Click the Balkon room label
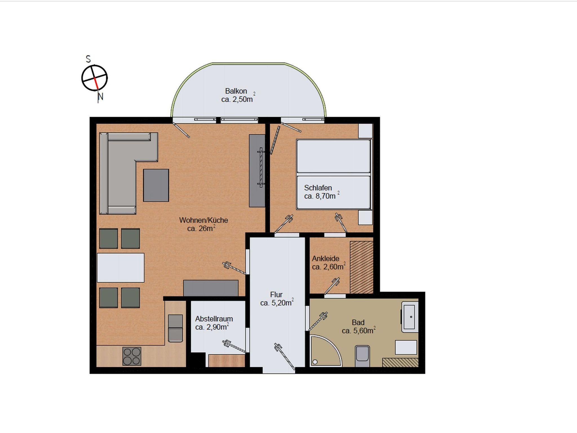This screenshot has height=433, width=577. [236, 91]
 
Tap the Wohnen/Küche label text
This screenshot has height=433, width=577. [203, 220]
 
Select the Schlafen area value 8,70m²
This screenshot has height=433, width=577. [322, 196]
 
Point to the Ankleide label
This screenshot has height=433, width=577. [325, 258]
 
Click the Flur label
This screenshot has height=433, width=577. [276, 294]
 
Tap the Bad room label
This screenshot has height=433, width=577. [358, 322]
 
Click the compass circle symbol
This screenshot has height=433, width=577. [94, 78]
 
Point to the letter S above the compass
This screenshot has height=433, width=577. [88, 59]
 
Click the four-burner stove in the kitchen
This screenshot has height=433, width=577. [132, 356]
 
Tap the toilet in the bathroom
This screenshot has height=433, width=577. [362, 356]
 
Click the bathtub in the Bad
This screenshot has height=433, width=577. [410, 317]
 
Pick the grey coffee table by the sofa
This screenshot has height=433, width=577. [156, 185]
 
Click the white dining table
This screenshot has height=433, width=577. [121, 268]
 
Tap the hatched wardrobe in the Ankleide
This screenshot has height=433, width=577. [361, 267]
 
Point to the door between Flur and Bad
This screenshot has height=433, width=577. [318, 322]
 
